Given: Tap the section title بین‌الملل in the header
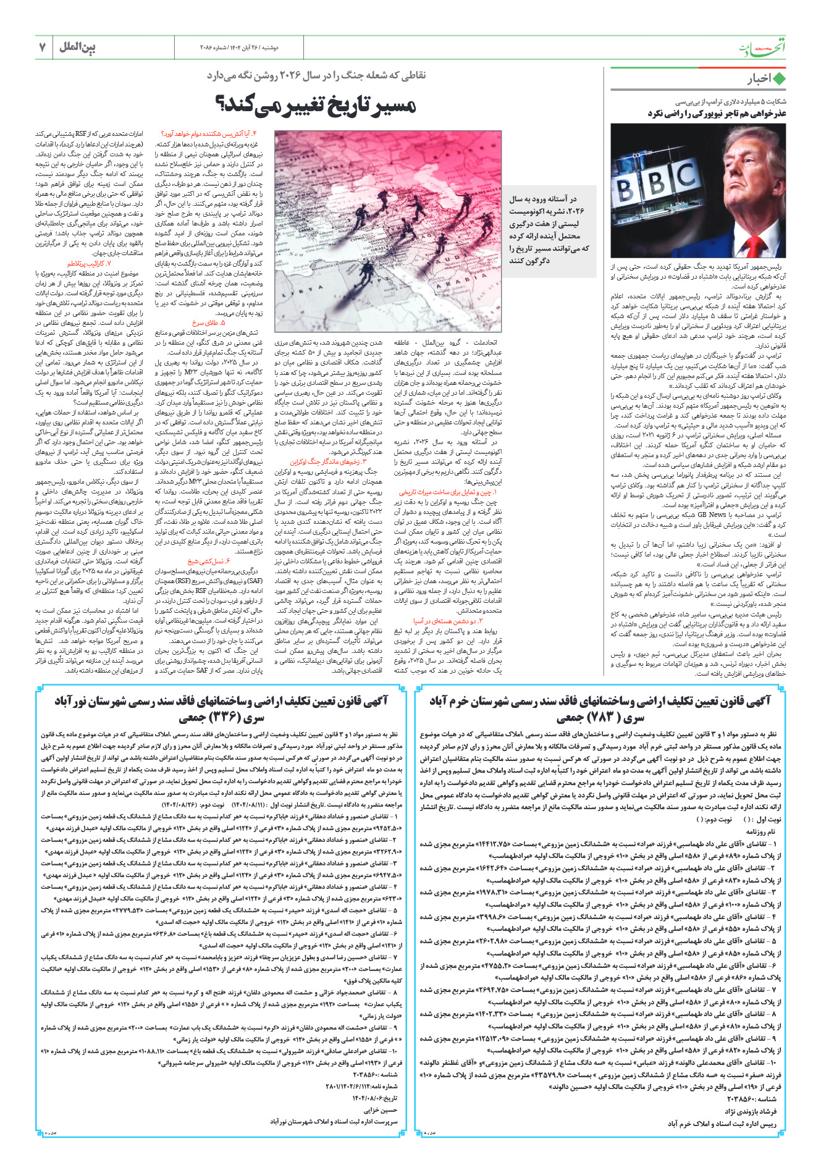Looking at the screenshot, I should (77, 47).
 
